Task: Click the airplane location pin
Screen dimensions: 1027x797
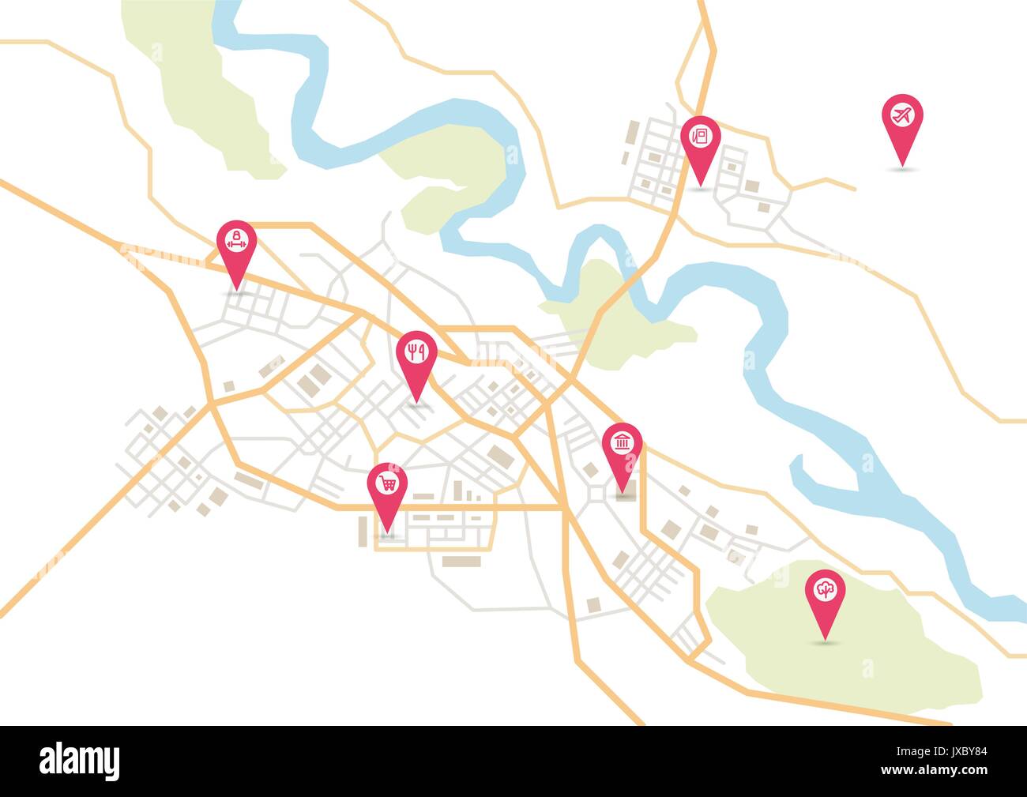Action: [x=901, y=116]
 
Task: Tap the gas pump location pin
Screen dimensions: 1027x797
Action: [x=700, y=137]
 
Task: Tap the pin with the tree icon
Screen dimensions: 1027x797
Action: [x=825, y=592]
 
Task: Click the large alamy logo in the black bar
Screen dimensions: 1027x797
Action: [x=80, y=761]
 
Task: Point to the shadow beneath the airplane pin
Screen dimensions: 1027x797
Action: [x=901, y=168]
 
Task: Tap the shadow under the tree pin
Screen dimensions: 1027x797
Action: [x=825, y=644]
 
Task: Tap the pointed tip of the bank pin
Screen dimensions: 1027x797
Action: [x=623, y=491]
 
